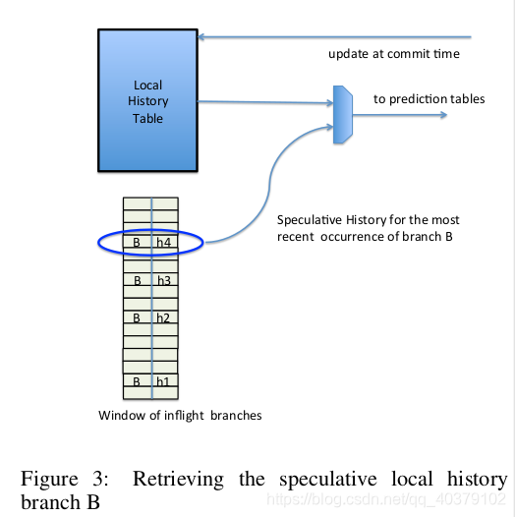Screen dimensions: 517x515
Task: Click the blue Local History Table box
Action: [x=147, y=101]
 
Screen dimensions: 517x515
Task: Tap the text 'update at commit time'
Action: [x=393, y=53]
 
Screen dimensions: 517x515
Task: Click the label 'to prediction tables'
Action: [x=429, y=99]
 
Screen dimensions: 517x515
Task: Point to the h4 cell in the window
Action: [x=164, y=242]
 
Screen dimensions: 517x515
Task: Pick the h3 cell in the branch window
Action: [x=164, y=280]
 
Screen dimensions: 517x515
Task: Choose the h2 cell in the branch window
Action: [x=164, y=317]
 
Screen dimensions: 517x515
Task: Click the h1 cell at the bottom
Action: [x=164, y=380]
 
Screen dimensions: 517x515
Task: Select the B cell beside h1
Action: [x=137, y=380]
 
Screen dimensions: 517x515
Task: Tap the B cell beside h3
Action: [x=137, y=280]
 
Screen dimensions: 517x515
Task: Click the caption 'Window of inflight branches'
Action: [x=180, y=416]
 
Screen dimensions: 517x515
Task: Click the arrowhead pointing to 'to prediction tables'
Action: [x=443, y=116]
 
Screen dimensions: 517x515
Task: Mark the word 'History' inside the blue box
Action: [x=148, y=101]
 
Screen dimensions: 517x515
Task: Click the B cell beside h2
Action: [x=137, y=317]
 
